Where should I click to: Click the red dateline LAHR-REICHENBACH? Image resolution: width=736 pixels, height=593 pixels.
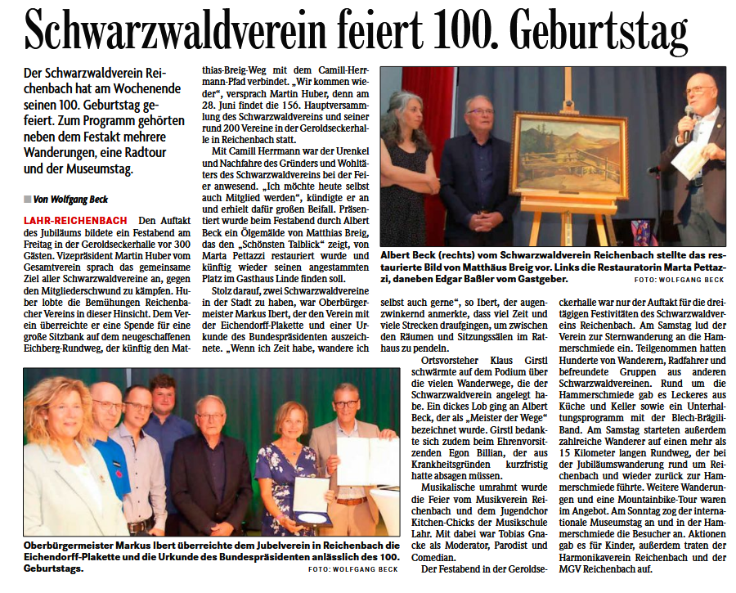tap(75, 221)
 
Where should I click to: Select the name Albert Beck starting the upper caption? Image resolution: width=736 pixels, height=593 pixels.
tap(412, 254)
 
